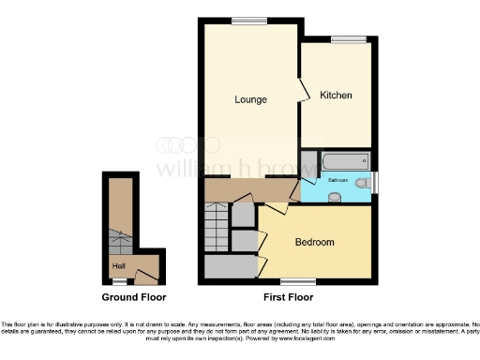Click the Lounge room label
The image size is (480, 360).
click(250, 99)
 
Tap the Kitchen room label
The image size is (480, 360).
click(335, 96)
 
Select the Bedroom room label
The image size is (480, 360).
click(314, 242)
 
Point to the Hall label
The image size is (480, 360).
click(119, 266)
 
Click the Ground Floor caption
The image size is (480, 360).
click(134, 297)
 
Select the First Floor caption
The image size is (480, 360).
click(288, 297)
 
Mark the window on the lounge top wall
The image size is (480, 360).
click(248, 20)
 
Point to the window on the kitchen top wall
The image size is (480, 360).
click(348, 38)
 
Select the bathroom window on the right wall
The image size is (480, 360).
click(374, 181)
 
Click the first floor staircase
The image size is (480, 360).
click(217, 230)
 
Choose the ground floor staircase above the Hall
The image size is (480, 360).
click(120, 243)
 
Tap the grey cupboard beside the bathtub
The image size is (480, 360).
click(308, 160)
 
